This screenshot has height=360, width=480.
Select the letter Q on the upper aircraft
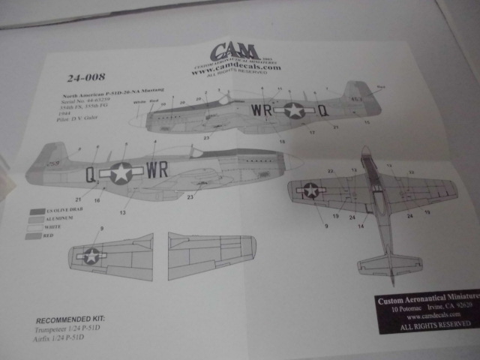(322, 110)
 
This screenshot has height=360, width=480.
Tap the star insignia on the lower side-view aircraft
(121, 173)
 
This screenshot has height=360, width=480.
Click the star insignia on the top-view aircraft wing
(310, 190)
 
